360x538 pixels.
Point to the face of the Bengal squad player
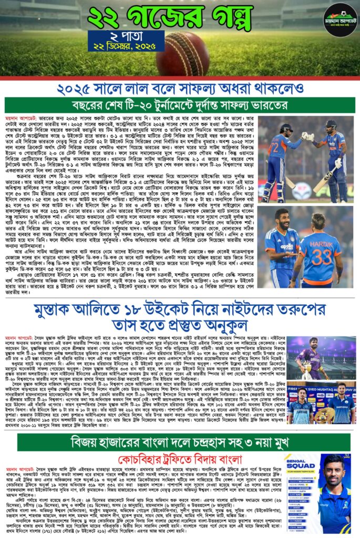337,472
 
